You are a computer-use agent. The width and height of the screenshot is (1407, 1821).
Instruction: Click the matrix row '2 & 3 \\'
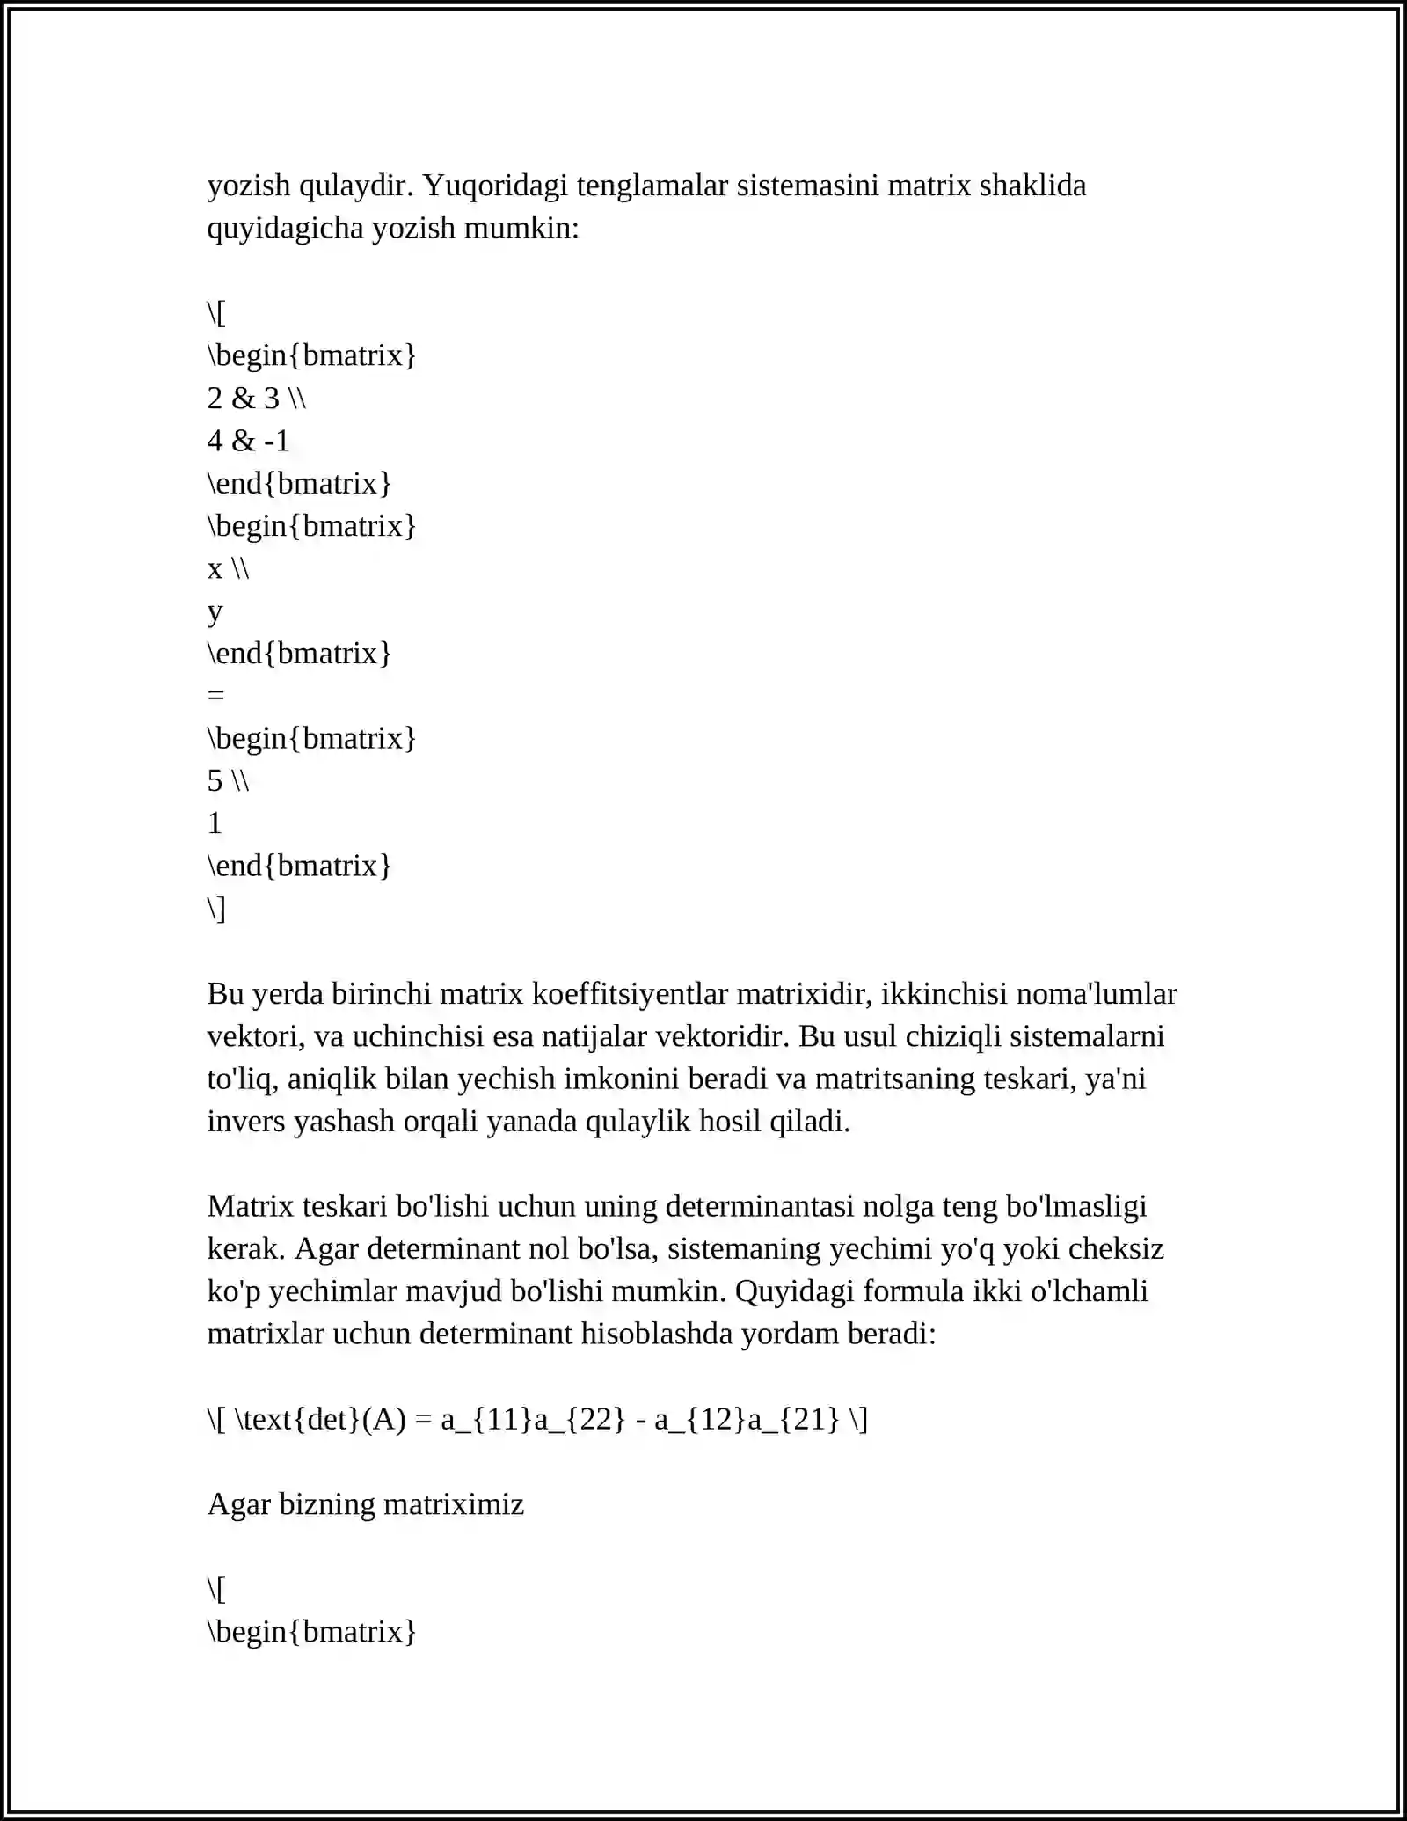(x=256, y=399)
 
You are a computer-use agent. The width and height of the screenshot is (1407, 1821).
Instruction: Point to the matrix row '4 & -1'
(x=248, y=441)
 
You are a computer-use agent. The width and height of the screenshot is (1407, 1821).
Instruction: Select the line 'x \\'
(x=228, y=568)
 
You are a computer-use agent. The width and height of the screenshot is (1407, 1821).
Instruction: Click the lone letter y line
(x=215, y=611)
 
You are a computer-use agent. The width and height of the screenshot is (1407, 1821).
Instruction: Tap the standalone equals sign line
(x=215, y=696)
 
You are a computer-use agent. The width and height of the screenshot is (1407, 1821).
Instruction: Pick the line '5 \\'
(x=228, y=780)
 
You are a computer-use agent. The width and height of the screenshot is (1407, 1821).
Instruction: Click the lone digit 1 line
(x=215, y=823)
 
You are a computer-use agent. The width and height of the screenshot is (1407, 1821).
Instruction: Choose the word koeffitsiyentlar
(x=630, y=993)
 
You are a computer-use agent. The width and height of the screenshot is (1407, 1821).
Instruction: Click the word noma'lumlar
(x=1096, y=993)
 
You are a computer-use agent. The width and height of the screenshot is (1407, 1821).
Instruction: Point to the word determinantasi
(x=760, y=1206)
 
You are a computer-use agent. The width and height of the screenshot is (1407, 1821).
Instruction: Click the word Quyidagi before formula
(x=794, y=1291)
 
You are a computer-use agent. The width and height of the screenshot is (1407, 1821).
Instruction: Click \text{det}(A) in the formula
(x=320, y=1419)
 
